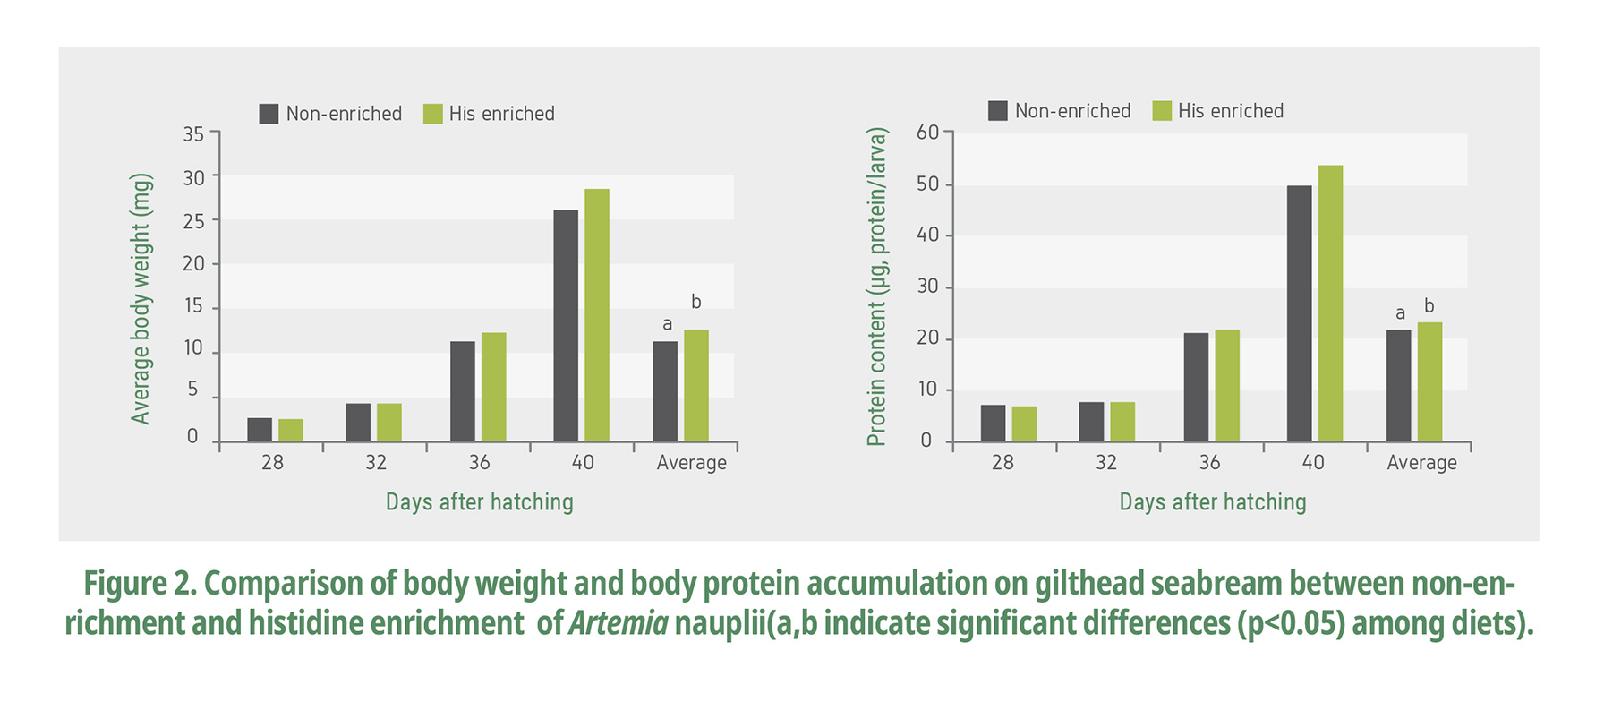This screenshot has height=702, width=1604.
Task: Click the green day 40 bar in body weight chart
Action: pos(597,315)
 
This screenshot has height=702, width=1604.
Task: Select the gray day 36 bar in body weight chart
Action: pos(463,391)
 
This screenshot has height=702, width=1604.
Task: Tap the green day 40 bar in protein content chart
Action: pos(1330,304)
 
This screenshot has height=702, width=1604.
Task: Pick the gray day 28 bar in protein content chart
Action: pos(993,424)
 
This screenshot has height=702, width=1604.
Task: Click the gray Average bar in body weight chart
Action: pos(665,391)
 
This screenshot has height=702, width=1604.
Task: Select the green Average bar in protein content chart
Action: pos(1429,382)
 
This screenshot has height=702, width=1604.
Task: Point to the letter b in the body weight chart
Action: pos(696,303)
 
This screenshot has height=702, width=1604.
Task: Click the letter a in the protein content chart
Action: pos(1400,313)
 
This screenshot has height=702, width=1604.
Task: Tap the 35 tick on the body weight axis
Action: pos(193,134)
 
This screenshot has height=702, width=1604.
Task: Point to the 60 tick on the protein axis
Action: pos(927,133)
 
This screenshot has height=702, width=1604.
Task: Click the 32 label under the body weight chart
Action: pos(376,463)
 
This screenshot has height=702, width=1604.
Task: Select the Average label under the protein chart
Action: pos(1421,463)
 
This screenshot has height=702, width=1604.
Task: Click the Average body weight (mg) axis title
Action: pos(141,299)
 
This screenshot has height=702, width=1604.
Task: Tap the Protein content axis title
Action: pos(876,287)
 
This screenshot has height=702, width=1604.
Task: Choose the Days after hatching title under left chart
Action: pos(479,502)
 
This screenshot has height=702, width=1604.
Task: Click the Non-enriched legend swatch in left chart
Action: pos(269,114)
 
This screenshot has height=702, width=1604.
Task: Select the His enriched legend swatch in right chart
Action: pos(1162,111)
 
